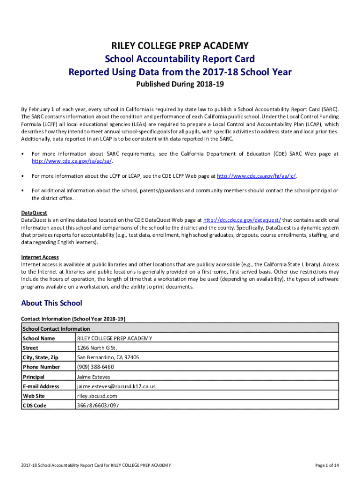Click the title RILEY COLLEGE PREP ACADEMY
[x=180, y=45]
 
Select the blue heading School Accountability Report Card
[x=180, y=59]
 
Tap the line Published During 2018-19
[x=180, y=85]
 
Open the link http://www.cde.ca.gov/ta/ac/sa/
[x=72, y=161]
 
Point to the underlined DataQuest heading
[x=34, y=213]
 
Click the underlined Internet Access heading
[x=40, y=257]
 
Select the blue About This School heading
[x=51, y=303]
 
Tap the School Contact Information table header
[x=56, y=328]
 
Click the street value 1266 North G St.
[x=97, y=348]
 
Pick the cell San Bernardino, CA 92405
[x=108, y=357]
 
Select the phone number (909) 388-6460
[x=95, y=367]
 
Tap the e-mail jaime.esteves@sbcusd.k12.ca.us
[x=116, y=386]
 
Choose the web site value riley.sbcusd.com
[x=97, y=396]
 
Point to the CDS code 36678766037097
[x=98, y=406]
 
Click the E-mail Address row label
[x=41, y=386]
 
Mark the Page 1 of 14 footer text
[x=327, y=465]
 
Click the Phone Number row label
[x=41, y=367]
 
